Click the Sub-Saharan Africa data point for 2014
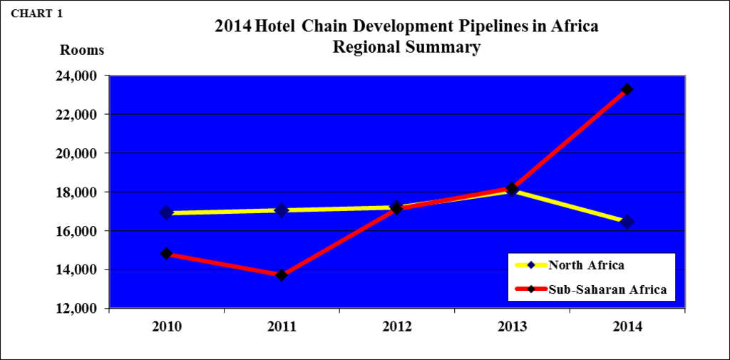pyautogui.click(x=627, y=90)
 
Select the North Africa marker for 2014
pyautogui.click(x=627, y=222)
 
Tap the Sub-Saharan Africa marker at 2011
pyautogui.click(x=282, y=274)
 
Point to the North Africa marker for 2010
pyautogui.click(x=166, y=212)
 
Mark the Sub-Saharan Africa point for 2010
pyautogui.click(x=166, y=253)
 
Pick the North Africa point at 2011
pyautogui.click(x=282, y=210)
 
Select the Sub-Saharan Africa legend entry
pyautogui.click(x=607, y=289)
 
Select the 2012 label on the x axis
pyautogui.click(x=397, y=326)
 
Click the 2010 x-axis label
pyautogui.click(x=166, y=326)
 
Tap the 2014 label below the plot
pyautogui.click(x=627, y=326)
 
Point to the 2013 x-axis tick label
pyautogui.click(x=512, y=326)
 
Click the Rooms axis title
pyautogui.click(x=81, y=51)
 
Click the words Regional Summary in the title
pyautogui.click(x=406, y=48)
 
